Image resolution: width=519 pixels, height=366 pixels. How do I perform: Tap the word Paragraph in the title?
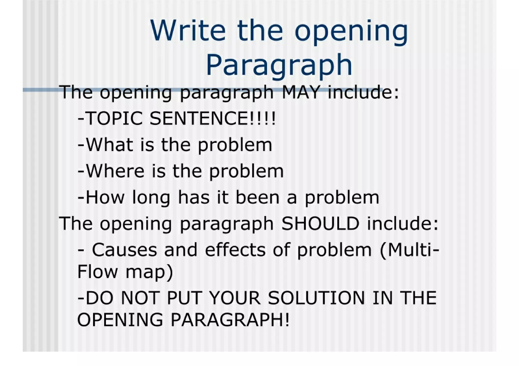click(279, 65)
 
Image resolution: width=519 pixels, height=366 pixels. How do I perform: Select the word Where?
click(115, 171)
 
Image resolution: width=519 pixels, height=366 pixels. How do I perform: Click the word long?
click(151, 198)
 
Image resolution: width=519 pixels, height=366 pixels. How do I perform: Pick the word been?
click(257, 197)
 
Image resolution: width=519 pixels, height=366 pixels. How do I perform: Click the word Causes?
click(124, 250)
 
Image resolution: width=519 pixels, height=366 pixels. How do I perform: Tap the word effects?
click(235, 250)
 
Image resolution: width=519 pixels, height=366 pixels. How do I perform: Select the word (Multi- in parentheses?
click(409, 250)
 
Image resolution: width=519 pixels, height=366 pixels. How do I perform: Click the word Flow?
click(97, 272)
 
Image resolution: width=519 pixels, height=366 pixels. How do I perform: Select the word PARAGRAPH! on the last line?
click(230, 320)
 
